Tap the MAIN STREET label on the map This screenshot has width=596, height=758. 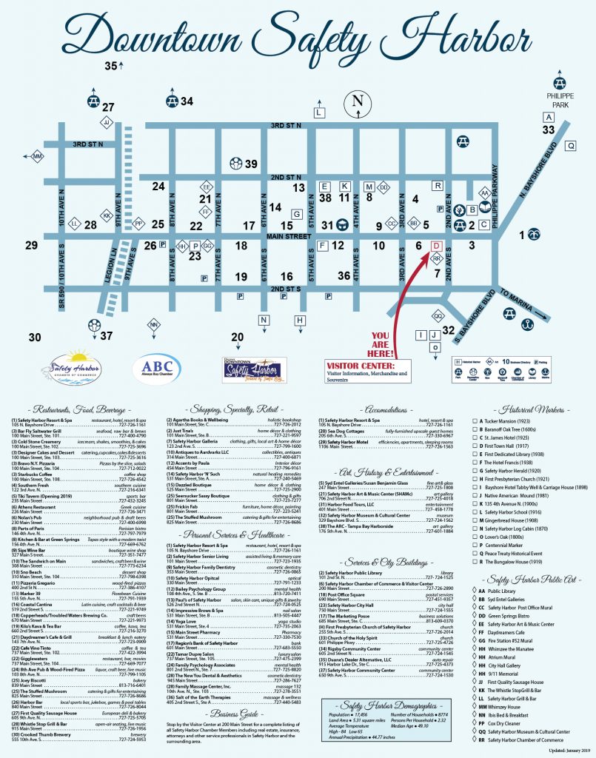289,236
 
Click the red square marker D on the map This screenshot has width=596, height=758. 436,245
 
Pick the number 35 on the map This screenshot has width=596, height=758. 110,67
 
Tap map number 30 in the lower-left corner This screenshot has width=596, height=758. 36,338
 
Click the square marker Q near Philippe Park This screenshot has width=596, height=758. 570,146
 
